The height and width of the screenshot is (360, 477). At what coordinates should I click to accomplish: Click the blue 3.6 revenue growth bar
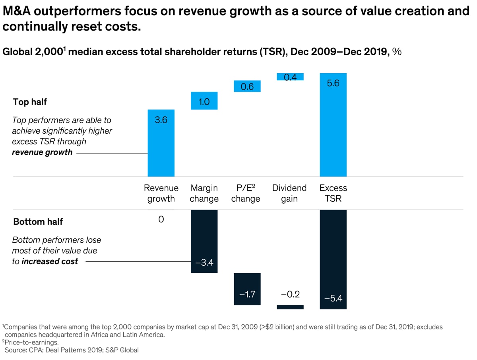coord(161,143)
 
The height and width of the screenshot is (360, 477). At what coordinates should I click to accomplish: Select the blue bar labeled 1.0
coord(204,101)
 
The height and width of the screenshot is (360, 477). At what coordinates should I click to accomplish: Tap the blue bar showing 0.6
coord(247,86)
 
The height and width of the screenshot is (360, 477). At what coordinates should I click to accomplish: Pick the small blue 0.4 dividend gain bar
coord(290,77)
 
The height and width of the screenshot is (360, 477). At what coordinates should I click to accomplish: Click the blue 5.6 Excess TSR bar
coord(333,125)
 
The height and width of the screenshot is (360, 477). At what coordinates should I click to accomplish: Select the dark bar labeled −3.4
coord(204,241)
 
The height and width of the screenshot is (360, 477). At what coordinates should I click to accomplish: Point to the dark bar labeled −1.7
coord(247,289)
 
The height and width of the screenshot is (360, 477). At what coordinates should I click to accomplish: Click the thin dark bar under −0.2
coord(290,307)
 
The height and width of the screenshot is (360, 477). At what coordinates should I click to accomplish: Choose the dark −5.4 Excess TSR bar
coord(333,259)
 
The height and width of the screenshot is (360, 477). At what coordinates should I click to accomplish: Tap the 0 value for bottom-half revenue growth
coord(161,219)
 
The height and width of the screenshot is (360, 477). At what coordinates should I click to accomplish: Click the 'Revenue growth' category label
coord(161,193)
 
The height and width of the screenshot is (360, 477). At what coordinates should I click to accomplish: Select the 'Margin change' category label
coord(204,193)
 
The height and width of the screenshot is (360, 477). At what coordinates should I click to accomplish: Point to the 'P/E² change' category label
coord(246,193)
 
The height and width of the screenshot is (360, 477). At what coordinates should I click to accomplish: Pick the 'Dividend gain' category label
coord(289,193)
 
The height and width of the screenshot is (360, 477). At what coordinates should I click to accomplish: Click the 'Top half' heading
coord(30,102)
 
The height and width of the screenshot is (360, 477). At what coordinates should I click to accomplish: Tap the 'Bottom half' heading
coord(38,222)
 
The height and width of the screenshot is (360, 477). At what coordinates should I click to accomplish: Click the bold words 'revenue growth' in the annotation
coord(42,152)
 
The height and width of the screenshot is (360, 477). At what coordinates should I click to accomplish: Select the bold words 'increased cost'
coord(50,261)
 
